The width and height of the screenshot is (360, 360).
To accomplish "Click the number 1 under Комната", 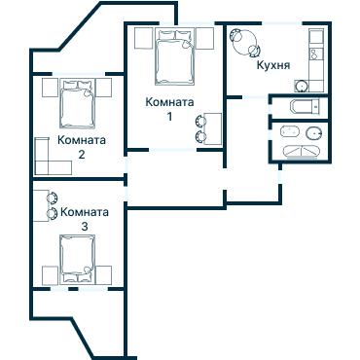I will [169, 117].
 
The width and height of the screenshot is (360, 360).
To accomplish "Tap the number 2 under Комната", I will [82, 154].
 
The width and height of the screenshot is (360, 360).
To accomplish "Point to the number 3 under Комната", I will [84, 226].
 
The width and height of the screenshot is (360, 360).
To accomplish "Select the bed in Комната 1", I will [174, 60].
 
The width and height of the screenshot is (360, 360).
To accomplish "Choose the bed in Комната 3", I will [79, 261].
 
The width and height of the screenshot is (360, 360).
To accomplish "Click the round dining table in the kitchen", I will [244, 43].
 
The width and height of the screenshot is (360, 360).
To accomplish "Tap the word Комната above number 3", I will [84, 211].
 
